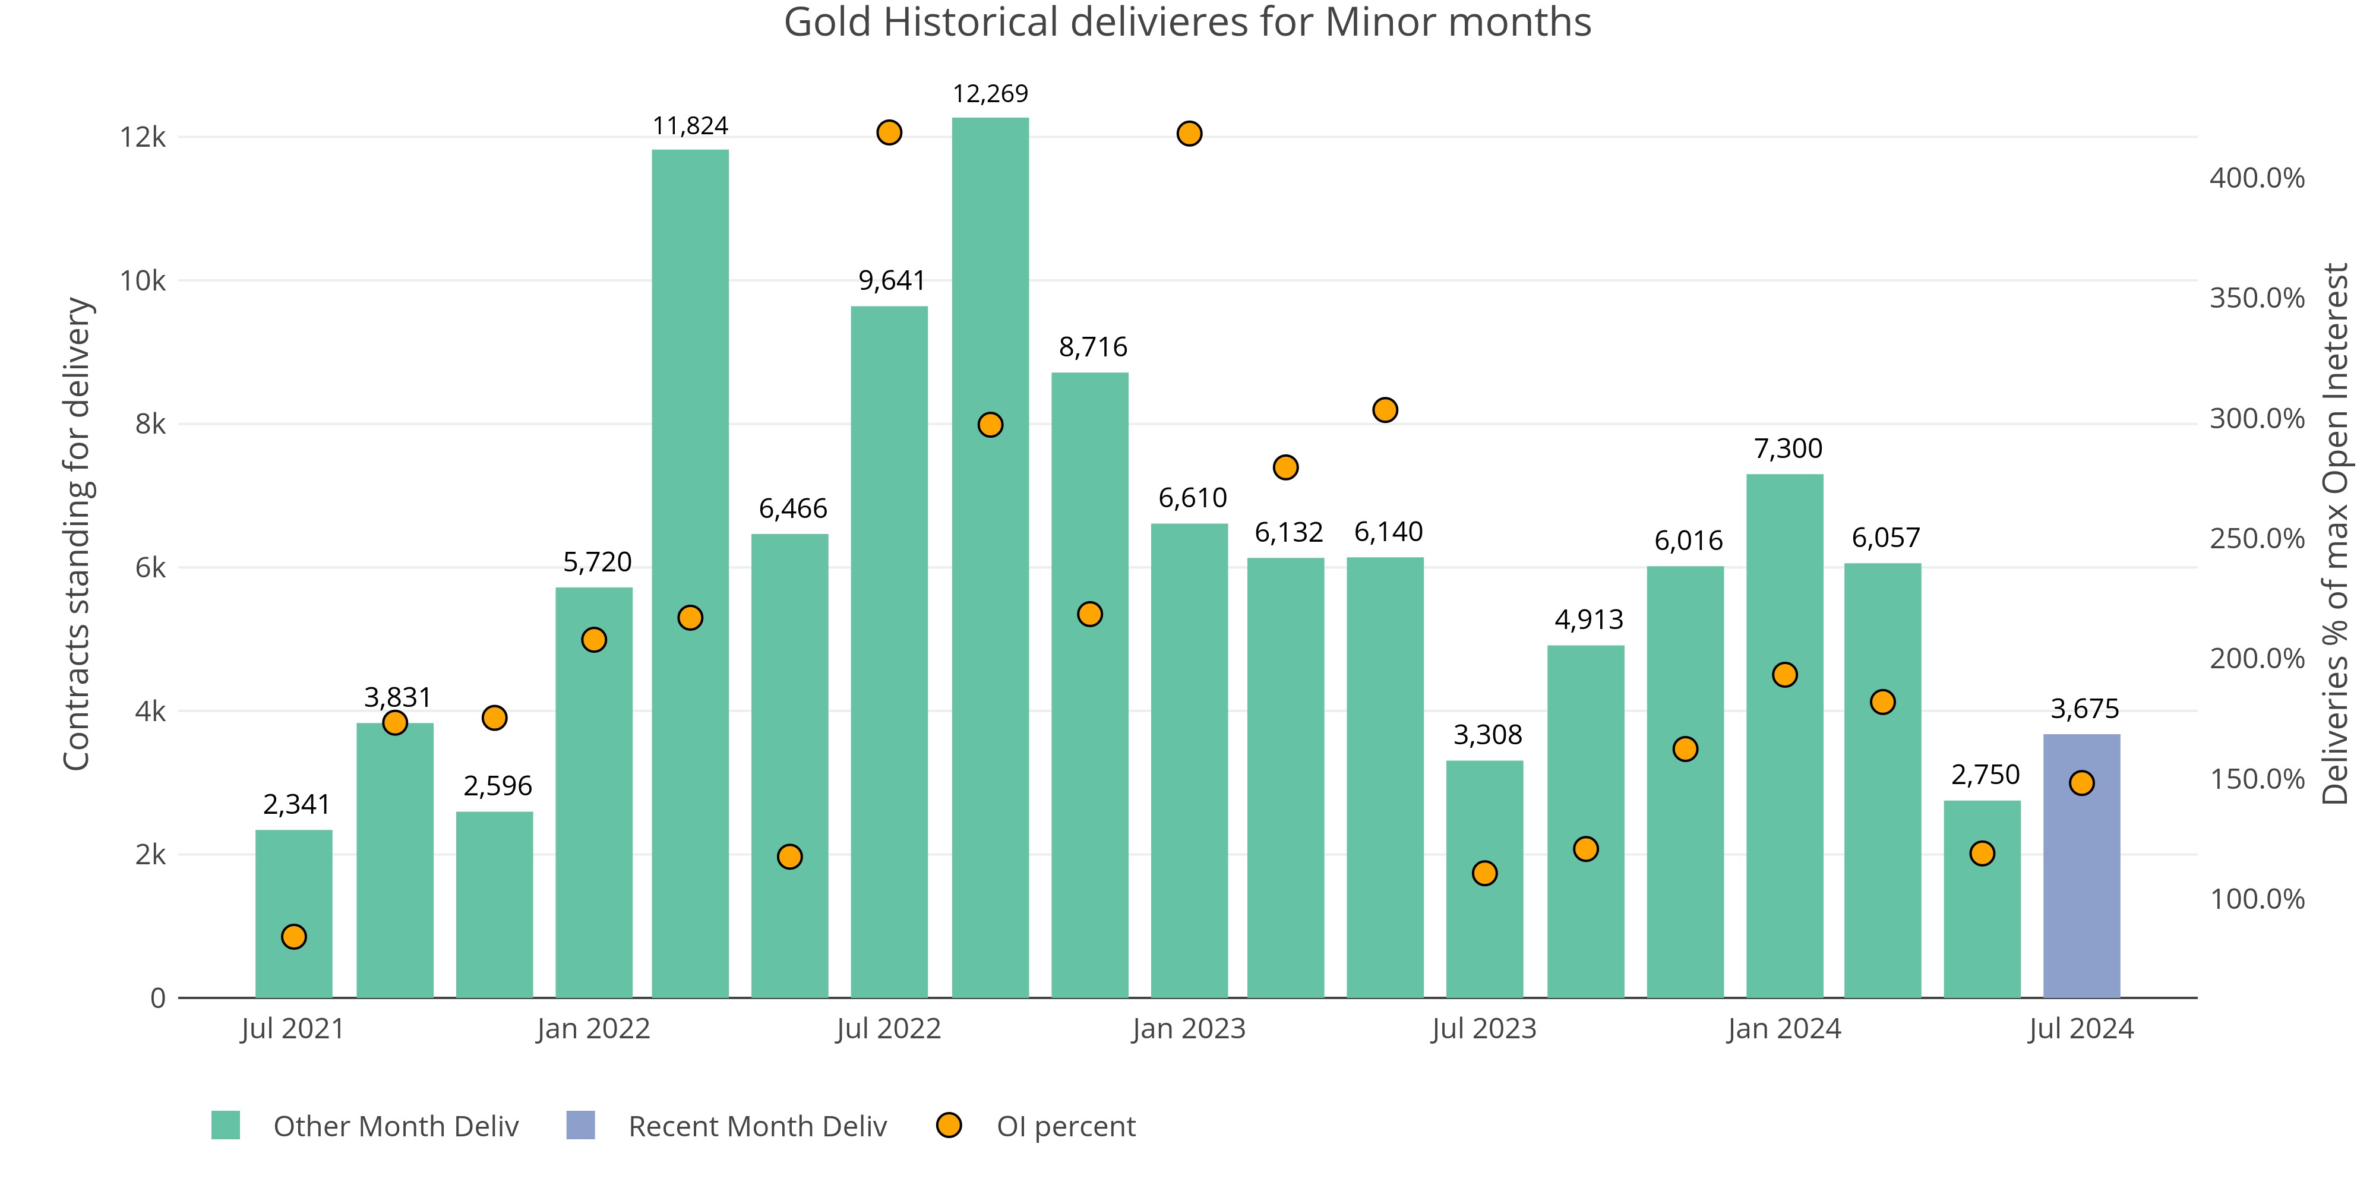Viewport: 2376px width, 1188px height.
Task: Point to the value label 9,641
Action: pos(891,280)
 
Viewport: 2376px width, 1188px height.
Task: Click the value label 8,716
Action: pos(1092,347)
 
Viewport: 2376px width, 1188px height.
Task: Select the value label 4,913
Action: pos(1588,620)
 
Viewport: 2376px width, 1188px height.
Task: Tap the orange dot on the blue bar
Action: pos(2081,783)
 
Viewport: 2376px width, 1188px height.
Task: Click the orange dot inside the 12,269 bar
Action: pos(990,424)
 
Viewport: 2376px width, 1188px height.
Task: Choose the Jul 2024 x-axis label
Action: pos(2081,1028)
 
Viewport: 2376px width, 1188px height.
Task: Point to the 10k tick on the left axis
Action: pos(143,280)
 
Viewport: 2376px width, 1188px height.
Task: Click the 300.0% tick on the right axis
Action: pos(2256,419)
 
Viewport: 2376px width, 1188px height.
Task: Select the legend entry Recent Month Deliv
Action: pos(756,1126)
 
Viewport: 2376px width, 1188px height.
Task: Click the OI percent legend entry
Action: pos(1065,1126)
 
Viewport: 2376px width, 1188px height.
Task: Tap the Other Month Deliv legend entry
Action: pos(395,1126)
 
